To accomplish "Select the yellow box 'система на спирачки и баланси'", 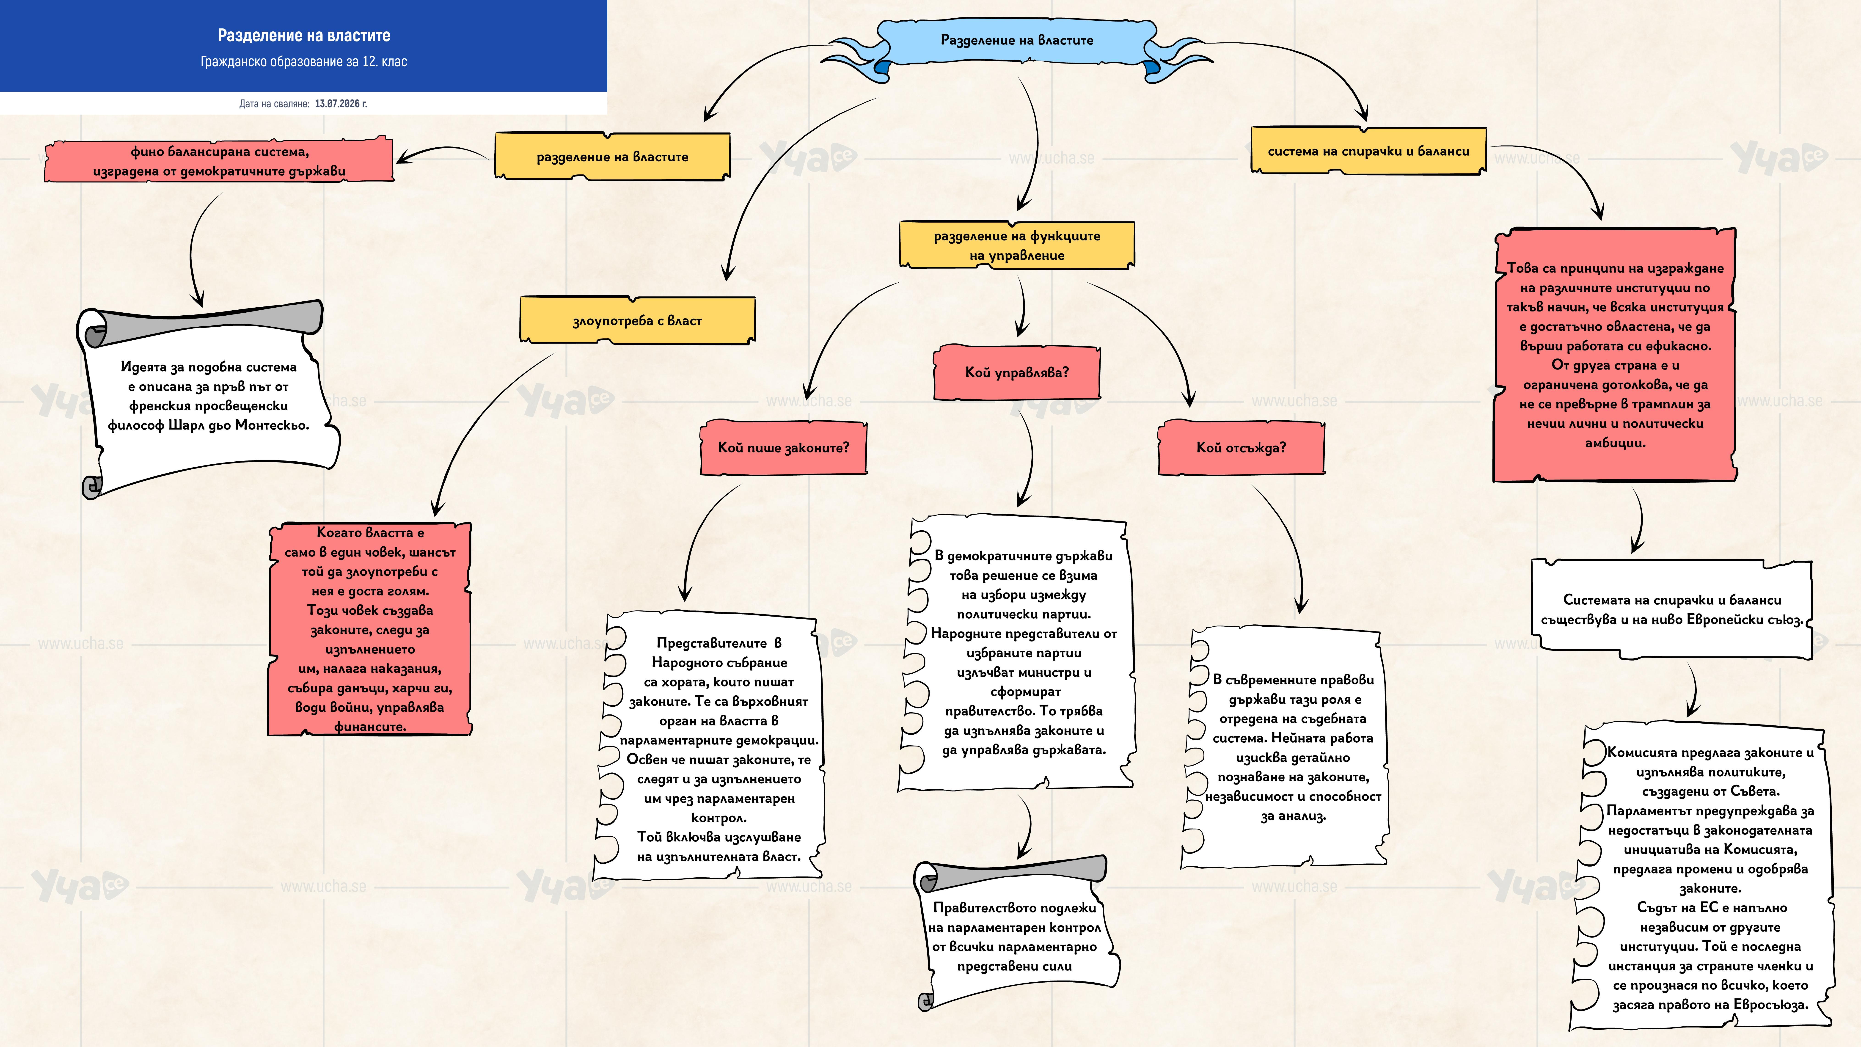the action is click(1368, 150).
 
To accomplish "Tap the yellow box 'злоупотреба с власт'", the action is click(637, 320).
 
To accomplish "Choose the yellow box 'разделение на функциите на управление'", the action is click(1016, 245).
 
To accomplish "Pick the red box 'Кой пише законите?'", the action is click(783, 447).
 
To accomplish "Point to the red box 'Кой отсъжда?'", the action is click(1241, 447).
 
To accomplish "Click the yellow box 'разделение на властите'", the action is click(612, 156).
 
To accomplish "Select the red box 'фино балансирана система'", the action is click(219, 161).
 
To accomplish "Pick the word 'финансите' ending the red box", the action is click(370, 727).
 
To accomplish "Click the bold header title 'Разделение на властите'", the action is click(304, 35).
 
